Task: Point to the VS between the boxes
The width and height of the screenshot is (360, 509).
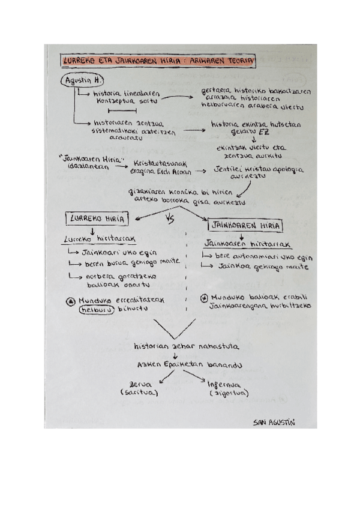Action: coord(169,220)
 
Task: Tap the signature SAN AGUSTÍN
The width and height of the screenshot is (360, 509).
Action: coord(274,423)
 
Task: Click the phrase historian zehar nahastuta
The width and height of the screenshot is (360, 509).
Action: coord(187,346)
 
